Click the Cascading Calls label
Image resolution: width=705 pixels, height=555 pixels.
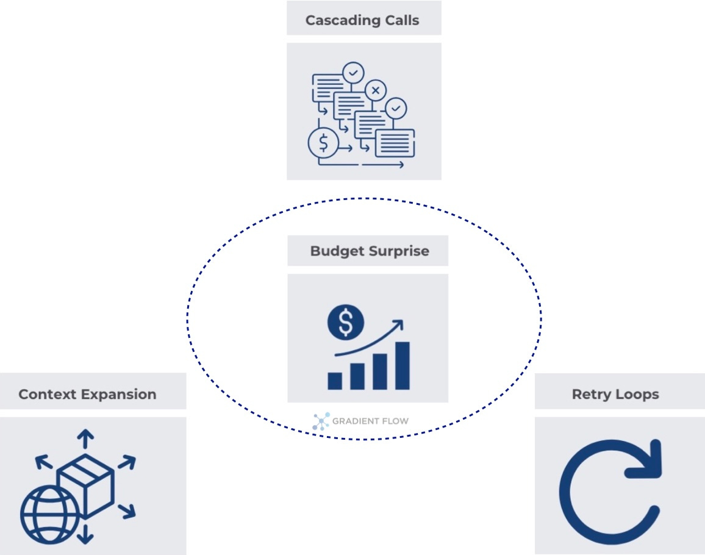coord(362,20)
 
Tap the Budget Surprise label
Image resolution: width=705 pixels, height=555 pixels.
coord(369,251)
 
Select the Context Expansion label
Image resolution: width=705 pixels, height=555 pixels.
coord(87,394)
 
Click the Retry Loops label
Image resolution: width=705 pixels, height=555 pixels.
coord(615,394)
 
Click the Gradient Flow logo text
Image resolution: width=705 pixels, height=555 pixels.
coord(370,421)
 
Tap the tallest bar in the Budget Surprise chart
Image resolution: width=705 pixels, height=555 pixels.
coord(403,365)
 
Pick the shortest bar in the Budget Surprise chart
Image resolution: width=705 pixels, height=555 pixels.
coord(335,381)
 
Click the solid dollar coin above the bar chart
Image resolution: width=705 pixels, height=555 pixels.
coord(346,323)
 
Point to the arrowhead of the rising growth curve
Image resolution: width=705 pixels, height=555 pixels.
coord(398,323)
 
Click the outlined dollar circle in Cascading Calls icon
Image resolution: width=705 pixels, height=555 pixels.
coord(323,143)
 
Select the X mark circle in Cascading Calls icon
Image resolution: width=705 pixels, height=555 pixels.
coord(376,91)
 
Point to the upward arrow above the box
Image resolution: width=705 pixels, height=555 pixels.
coord(85,437)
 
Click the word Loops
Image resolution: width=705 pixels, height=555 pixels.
coord(638,394)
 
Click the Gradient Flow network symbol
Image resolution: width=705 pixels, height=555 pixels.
coord(321,421)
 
